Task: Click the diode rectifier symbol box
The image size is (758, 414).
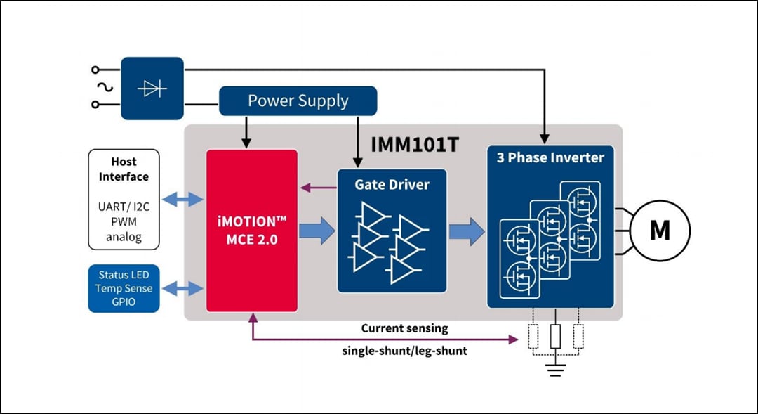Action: [x=152, y=89]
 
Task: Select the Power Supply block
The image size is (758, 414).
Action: [x=298, y=101]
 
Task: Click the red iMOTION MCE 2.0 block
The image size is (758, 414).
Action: [x=251, y=230]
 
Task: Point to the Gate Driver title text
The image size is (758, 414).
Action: [x=392, y=185]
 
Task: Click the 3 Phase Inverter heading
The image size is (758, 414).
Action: [x=550, y=157]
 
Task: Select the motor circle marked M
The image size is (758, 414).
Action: [x=660, y=230]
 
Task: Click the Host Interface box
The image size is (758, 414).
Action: [x=124, y=199]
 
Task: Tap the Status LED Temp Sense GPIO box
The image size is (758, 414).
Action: [x=124, y=288]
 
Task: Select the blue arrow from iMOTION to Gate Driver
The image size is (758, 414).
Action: [x=317, y=231]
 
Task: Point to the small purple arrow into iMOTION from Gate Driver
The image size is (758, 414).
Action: [x=317, y=187]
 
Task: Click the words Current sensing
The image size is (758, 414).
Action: [x=404, y=328]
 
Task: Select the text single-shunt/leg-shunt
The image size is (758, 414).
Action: [x=404, y=350]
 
